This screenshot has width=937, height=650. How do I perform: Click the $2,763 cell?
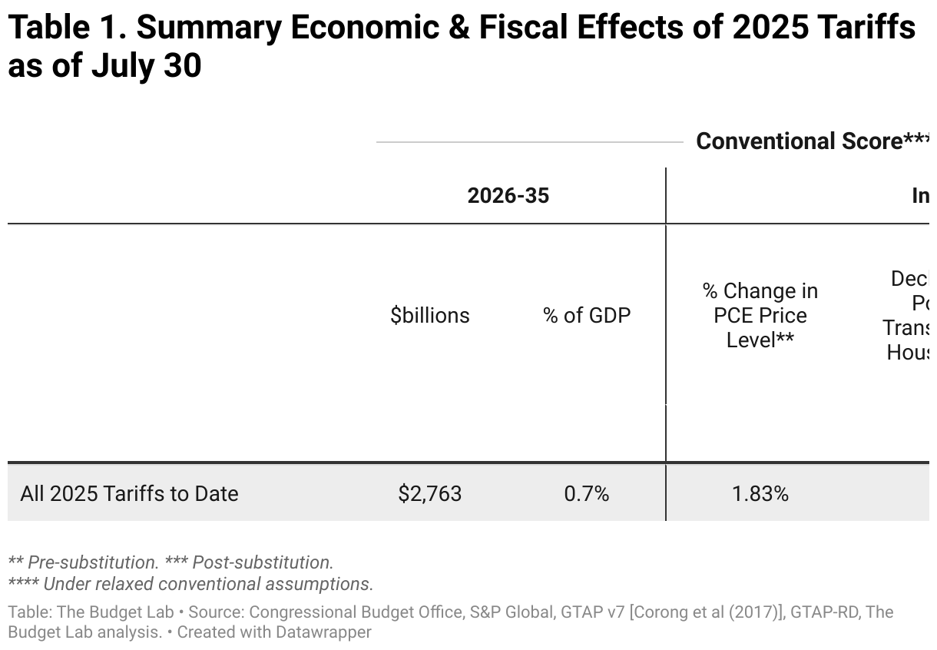pos(430,493)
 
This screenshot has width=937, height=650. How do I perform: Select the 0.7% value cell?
pos(587,493)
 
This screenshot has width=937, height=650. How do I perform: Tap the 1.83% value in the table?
pos(760,493)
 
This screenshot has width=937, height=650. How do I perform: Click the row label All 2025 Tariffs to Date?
pos(129,493)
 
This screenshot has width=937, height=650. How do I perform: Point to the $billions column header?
pos(430,315)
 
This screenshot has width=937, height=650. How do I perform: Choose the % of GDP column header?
pos(587,315)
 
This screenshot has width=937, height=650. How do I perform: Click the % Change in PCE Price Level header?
pos(760,315)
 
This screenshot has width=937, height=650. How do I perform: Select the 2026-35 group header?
pos(508,196)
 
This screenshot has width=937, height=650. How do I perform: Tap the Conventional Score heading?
pos(799,141)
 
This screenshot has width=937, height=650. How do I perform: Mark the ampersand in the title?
pos(481,29)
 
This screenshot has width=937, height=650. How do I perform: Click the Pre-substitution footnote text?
pos(92,562)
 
